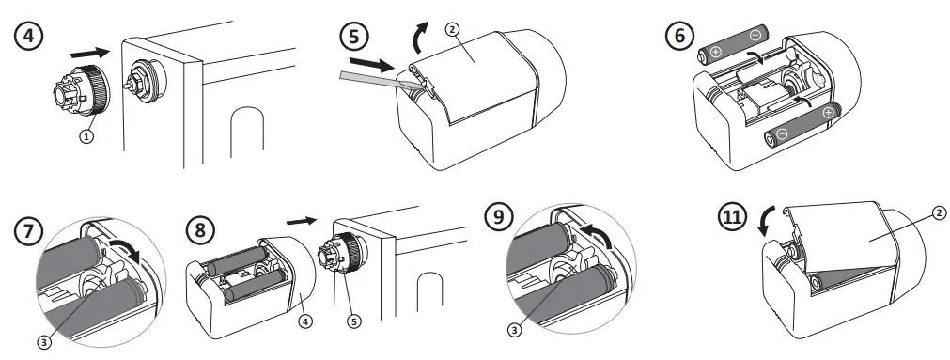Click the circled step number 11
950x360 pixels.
click(733, 217)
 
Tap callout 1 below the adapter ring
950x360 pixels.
click(86, 136)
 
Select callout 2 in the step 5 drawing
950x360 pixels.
click(454, 28)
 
